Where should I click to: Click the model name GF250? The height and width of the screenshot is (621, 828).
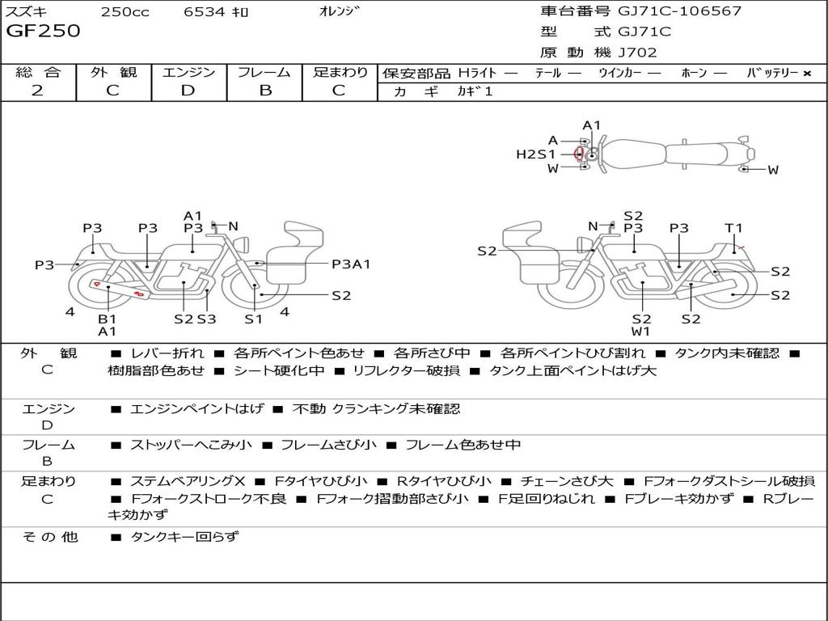pos(44,32)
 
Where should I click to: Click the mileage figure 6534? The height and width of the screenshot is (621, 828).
pos(204,12)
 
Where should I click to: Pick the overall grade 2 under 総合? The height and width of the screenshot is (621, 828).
pos(37,91)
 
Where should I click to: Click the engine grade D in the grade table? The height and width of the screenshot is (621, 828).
pos(188,91)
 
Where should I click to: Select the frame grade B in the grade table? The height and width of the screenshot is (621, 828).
pos(264,91)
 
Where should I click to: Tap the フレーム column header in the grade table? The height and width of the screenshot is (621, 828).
pos(264,73)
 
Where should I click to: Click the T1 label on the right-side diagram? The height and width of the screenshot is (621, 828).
pos(733,228)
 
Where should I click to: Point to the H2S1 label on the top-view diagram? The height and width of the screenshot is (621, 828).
pos(536,154)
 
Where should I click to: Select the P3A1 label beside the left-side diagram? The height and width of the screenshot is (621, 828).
pos(351,264)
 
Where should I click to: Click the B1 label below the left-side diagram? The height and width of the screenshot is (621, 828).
pos(108,319)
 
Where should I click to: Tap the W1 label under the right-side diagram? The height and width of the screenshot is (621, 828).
pos(641,331)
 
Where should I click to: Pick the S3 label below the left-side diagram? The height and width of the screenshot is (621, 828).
pos(207,319)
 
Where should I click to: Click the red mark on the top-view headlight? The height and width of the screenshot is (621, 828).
pos(577,154)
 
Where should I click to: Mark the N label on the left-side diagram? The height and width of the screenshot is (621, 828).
pos(234,226)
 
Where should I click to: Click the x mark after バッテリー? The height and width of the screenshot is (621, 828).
pos(807,73)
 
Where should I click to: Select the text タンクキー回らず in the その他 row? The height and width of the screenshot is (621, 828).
pos(184,536)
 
